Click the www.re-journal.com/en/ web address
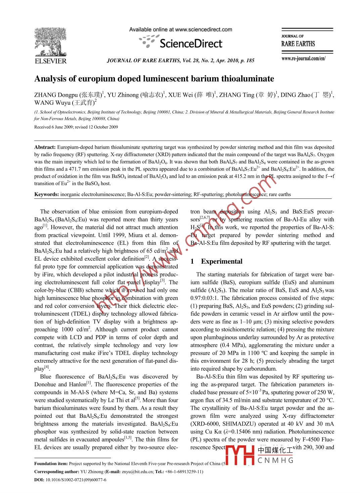coord(303,58)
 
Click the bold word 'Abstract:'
coord(45,147)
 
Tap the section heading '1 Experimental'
coord(217,261)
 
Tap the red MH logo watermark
coord(240,455)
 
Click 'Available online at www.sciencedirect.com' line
coord(180,30)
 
